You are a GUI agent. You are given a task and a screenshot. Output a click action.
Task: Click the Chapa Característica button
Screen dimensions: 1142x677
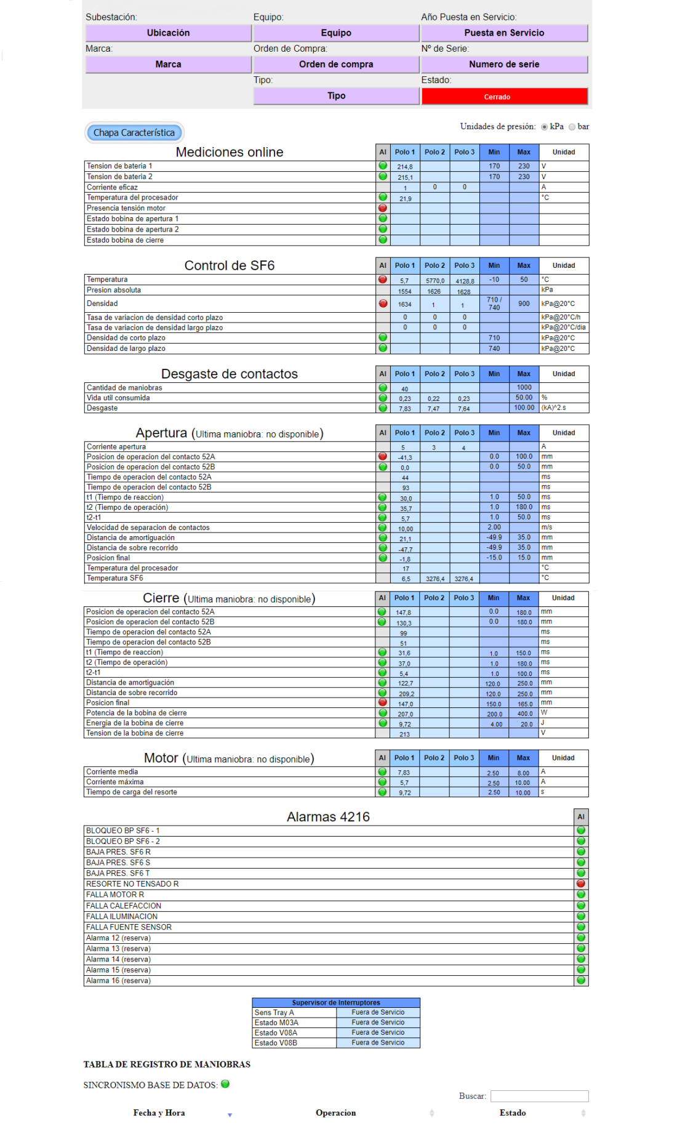(134, 132)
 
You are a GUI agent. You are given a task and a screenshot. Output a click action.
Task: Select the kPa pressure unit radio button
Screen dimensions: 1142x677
(545, 127)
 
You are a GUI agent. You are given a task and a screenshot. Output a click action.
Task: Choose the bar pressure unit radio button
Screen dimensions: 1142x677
(572, 127)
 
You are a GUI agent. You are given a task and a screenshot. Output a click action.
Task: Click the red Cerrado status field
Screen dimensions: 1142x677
(504, 97)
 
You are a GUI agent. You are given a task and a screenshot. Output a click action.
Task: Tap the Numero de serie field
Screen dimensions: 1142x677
(504, 64)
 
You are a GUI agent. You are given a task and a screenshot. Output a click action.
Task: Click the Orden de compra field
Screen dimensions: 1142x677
(336, 64)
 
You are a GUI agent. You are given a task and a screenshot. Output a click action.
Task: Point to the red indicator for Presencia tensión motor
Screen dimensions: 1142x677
(383, 208)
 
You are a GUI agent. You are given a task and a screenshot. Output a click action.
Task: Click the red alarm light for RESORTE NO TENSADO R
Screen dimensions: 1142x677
(580, 883)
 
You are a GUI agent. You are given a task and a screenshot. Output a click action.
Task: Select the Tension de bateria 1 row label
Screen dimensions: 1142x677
(119, 166)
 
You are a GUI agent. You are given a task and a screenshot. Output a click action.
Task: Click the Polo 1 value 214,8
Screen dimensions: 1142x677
(405, 167)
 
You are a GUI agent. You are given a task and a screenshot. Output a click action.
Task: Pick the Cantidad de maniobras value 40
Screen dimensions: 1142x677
(404, 389)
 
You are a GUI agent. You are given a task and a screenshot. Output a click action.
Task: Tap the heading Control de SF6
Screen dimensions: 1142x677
(230, 265)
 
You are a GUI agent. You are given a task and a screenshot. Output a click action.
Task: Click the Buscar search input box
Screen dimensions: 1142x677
(539, 1096)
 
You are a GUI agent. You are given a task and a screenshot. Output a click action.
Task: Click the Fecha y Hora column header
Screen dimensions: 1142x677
(159, 1112)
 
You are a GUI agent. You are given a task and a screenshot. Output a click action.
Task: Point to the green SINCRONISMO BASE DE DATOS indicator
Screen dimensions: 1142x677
(225, 1084)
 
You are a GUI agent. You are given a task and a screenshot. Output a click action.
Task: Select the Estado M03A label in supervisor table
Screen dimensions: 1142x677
(276, 1023)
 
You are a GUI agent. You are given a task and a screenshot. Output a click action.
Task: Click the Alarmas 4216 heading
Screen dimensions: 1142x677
(328, 817)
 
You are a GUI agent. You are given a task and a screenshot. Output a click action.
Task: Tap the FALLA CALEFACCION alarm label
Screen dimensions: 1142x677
(124, 906)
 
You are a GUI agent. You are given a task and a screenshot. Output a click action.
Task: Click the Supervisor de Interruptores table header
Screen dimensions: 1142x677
(336, 1002)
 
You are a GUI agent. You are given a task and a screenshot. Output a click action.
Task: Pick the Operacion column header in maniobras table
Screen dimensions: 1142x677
(335, 1112)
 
